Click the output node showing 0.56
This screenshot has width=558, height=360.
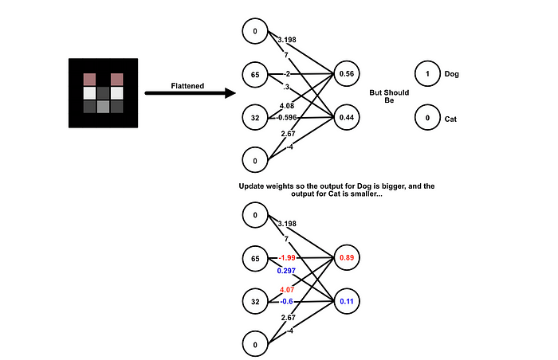coord(347,74)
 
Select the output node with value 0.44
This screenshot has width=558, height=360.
coord(347,118)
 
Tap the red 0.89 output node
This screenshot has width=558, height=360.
coord(347,259)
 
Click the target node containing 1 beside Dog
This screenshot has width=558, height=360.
coord(427,74)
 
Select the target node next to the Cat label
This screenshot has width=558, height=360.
coord(427,119)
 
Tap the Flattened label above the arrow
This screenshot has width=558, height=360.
coord(187,85)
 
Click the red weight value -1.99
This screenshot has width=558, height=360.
coord(286,258)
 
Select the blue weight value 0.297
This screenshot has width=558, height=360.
coord(286,271)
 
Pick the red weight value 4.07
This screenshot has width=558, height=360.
coord(286,290)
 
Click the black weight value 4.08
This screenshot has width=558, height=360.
coord(286,105)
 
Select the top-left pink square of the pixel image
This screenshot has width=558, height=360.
coord(89,79)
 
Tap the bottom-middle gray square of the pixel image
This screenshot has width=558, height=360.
coord(103,107)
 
